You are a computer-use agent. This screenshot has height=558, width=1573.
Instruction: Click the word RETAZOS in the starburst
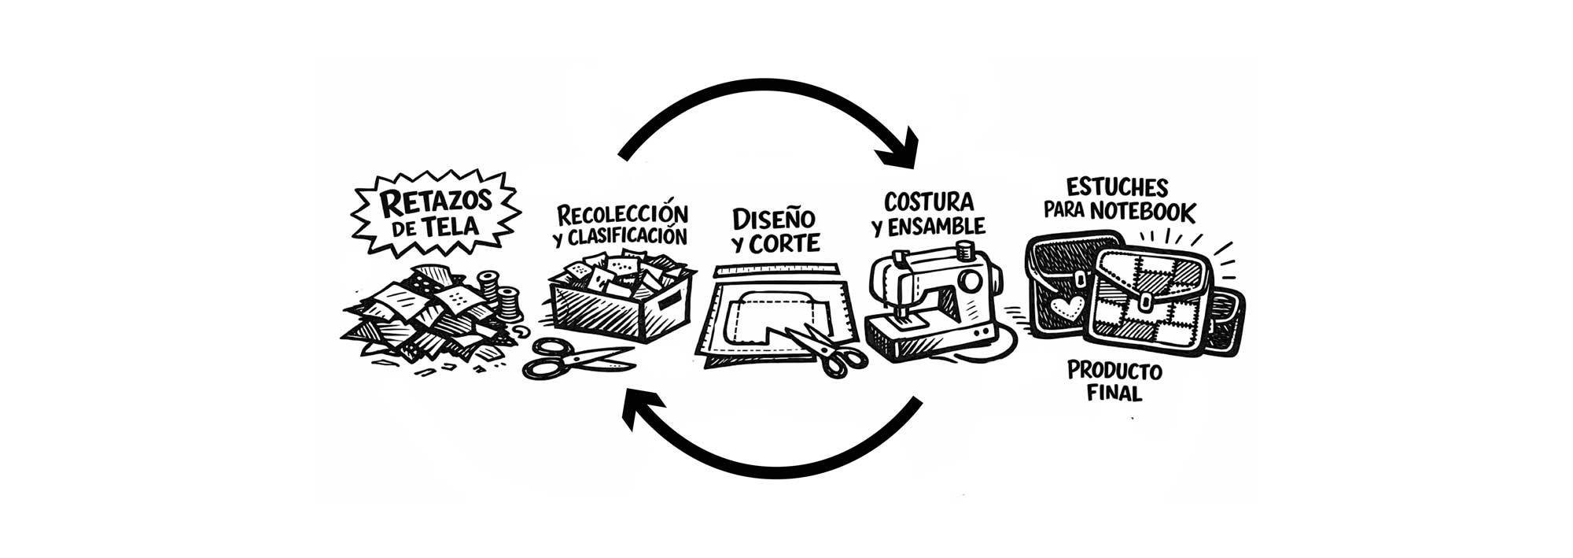435,202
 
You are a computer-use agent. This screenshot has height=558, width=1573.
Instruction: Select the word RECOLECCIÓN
622,213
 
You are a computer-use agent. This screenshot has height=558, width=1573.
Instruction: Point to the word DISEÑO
773,218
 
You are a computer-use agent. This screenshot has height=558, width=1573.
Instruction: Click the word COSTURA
928,201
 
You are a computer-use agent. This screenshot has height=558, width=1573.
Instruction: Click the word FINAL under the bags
1114,393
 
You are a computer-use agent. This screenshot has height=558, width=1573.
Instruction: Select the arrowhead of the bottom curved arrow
639,409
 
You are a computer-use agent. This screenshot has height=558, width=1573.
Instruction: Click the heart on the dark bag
1066,307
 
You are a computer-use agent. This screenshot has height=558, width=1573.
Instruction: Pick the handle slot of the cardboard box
668,298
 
